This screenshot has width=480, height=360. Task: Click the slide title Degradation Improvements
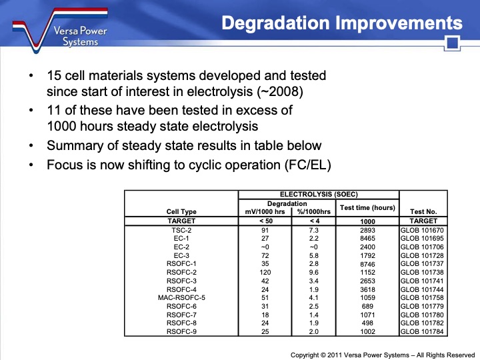(x=341, y=23)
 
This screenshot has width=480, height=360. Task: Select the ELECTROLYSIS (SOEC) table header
(x=318, y=194)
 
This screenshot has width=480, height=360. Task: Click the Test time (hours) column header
(x=367, y=207)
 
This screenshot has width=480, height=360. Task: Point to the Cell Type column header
(x=181, y=211)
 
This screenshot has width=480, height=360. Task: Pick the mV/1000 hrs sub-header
(x=265, y=211)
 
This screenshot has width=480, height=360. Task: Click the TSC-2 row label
(x=181, y=230)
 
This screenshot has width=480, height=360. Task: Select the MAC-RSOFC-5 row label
(x=181, y=297)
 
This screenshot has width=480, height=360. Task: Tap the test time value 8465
(x=367, y=238)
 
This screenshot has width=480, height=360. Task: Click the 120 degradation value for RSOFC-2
(x=265, y=272)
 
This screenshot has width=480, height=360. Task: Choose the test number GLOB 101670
(x=421, y=230)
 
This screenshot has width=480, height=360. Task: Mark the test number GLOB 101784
(x=421, y=331)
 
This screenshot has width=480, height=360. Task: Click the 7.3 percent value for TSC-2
(x=314, y=230)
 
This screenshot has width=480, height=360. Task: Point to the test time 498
(x=367, y=323)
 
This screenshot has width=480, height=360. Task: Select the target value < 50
(x=265, y=221)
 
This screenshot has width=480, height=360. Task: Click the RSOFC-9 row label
(x=181, y=331)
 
